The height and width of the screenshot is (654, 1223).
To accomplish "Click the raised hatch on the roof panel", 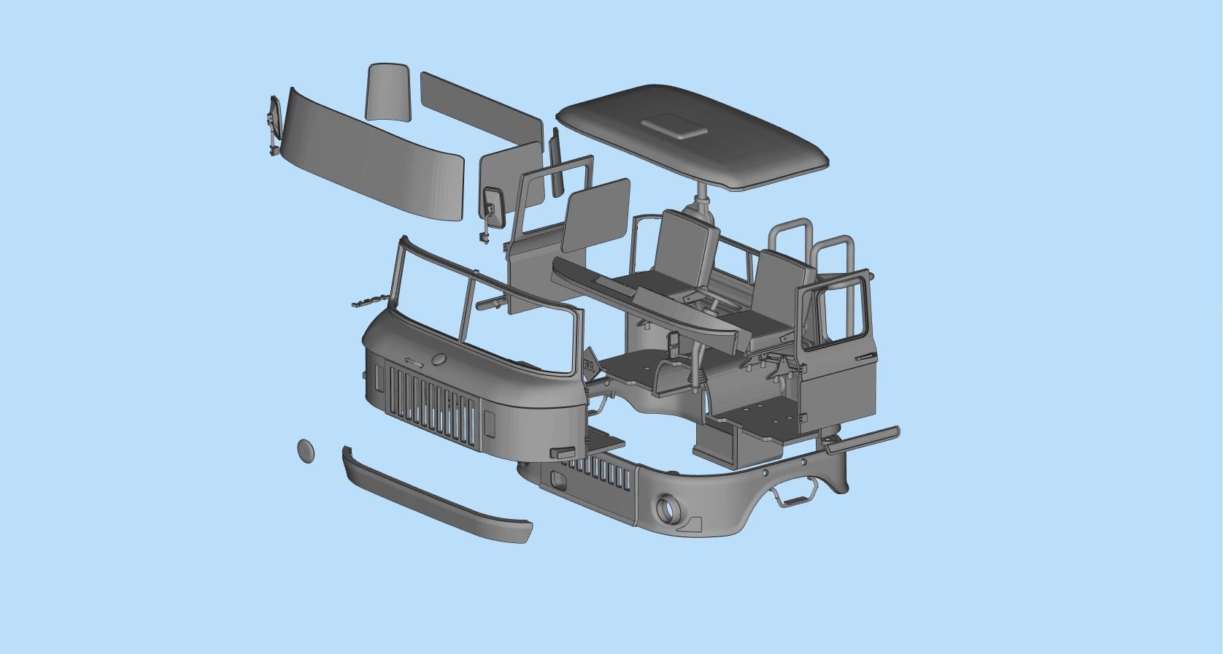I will (675, 126).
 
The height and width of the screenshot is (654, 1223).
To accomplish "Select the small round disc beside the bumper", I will (306, 450).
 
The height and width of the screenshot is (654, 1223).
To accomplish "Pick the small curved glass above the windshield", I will (389, 91).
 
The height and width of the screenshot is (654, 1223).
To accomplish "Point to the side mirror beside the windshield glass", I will (274, 128).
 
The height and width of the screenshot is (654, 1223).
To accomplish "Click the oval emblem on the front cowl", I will (439, 359).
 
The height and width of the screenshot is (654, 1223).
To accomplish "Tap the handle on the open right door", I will (864, 356).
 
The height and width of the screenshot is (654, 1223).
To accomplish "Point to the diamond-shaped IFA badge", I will (589, 363).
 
